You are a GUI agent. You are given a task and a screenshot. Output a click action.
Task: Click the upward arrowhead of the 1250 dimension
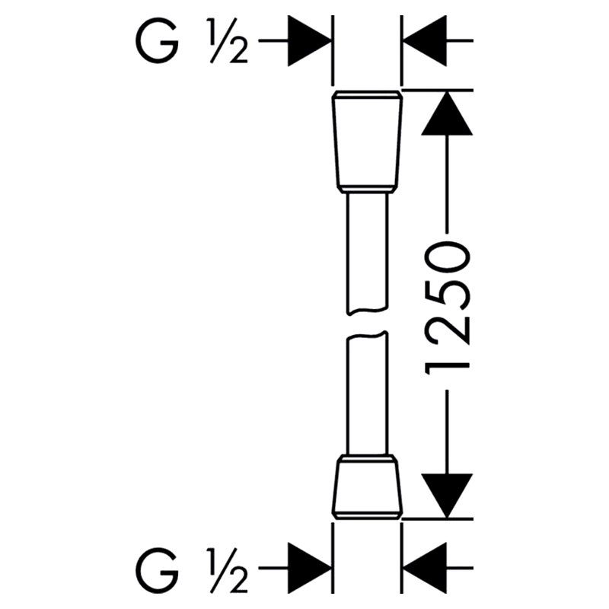point(447,113)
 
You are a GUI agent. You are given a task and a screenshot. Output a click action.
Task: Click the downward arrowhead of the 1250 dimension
point(447,496)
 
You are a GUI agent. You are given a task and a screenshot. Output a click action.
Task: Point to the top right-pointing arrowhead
point(309,40)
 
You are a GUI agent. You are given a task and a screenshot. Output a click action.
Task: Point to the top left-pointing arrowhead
point(425,40)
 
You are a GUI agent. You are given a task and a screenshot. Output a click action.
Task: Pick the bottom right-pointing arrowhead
point(309,568)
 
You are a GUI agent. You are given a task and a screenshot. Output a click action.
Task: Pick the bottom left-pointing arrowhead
point(425,568)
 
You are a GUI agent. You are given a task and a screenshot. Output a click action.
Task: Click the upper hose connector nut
point(367,142)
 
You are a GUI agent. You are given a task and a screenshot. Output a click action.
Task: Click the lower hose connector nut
point(367,486)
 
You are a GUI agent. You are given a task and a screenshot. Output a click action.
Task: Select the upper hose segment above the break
point(367,253)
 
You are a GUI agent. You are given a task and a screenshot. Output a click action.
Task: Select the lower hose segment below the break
point(367,393)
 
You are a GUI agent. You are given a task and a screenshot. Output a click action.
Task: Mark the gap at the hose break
point(367,323)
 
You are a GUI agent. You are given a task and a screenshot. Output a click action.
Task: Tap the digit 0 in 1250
point(448,258)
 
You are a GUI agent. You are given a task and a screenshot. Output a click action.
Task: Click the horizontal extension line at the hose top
point(438,90)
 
